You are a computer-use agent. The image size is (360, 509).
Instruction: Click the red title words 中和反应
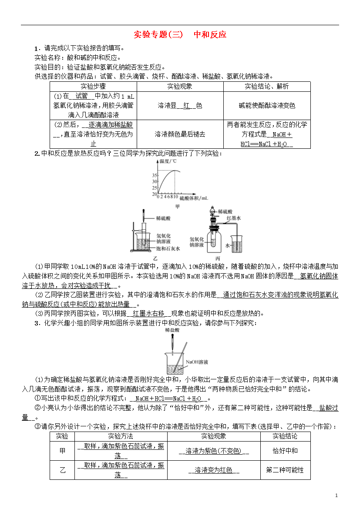[210, 34]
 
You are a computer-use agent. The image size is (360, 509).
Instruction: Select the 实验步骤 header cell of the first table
[93, 86]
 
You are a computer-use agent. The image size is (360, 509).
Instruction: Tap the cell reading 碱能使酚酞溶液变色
[267, 106]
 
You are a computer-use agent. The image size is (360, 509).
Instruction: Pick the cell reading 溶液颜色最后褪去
[180, 134]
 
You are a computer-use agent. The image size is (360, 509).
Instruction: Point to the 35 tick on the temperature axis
[155, 175]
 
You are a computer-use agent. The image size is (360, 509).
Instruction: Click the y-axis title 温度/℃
[168, 161]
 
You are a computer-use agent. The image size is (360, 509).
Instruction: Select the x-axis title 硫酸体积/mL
[194, 198]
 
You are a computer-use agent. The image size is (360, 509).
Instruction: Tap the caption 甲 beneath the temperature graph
[178, 207]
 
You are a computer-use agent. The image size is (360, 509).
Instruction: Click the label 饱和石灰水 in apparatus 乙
[168, 249]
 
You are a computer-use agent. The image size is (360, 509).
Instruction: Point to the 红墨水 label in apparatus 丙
[234, 218]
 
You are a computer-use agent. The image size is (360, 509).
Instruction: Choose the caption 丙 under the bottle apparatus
[218, 258]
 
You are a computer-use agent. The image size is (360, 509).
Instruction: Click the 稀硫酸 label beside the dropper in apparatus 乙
[163, 218]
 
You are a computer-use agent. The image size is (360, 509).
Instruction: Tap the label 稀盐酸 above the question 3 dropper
[172, 330]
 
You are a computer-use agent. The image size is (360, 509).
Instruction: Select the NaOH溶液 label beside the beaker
[197, 362]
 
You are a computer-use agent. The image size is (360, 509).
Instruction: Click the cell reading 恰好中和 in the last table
[285, 451]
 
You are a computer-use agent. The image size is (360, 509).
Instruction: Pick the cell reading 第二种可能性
[285, 470]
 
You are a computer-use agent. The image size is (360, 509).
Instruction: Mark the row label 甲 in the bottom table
[62, 451]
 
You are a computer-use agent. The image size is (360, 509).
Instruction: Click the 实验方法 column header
[121, 436]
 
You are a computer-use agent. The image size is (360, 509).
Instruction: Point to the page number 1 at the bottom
[336, 496]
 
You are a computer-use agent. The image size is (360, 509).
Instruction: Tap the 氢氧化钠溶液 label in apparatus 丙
[197, 242]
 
